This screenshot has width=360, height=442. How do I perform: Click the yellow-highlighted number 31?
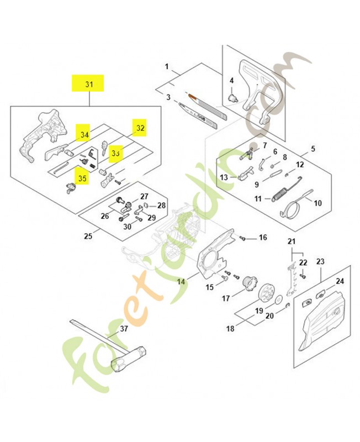[89, 85]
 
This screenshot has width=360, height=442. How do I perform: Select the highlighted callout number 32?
[140, 128]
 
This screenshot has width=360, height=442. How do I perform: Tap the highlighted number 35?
[82, 178]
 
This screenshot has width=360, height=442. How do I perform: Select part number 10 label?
[317, 203]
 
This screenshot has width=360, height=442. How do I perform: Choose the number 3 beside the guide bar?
[168, 97]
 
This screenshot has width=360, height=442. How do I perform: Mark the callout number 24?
[340, 281]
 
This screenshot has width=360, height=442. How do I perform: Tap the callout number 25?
[88, 236]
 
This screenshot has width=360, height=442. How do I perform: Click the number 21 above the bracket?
[292, 242]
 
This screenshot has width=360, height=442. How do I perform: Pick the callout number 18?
[230, 329]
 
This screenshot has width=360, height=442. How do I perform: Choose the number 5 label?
[313, 149]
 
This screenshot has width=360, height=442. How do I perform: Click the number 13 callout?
[224, 177]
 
